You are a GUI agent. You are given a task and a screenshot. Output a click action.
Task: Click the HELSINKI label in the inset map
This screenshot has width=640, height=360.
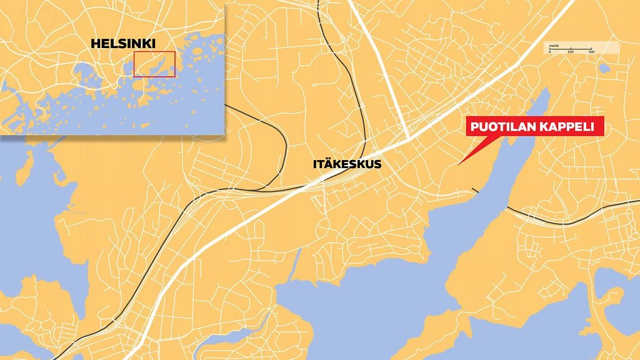[x=123, y=44]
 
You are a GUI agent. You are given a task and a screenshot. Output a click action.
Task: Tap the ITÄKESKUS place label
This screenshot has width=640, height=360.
[x=346, y=165]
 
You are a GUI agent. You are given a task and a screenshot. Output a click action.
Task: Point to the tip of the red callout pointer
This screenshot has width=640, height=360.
[x=459, y=164]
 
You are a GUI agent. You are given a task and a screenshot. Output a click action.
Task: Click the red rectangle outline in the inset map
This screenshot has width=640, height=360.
[x=154, y=64]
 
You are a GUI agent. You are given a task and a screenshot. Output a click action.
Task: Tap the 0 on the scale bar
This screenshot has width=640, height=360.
[x=550, y=52]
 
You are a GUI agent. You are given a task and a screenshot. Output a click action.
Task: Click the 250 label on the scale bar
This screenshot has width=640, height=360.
[x=571, y=52]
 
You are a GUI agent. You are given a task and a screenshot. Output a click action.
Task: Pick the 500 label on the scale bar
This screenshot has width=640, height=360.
[x=591, y=52]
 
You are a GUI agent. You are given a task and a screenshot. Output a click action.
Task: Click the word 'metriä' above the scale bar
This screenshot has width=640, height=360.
[x=554, y=46]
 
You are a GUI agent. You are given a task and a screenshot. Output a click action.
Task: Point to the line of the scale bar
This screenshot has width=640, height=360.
[x=571, y=49]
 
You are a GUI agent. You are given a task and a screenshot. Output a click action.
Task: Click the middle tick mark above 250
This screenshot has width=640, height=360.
[x=571, y=48]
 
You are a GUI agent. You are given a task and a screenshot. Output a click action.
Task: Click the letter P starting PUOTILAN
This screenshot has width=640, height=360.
[x=474, y=127]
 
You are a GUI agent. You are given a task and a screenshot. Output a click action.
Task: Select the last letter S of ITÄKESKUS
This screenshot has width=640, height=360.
[x=377, y=165]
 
